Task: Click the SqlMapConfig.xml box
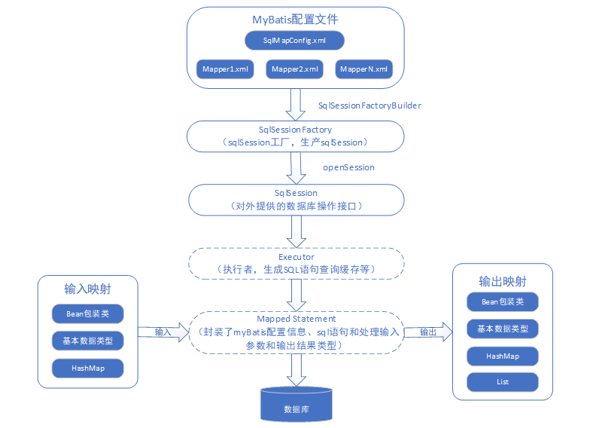point(295,39)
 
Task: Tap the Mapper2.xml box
point(295,69)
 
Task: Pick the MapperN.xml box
point(364,69)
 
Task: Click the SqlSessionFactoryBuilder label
point(369,105)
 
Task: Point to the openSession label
point(348,167)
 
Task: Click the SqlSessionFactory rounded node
point(296,136)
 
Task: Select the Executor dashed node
point(296,263)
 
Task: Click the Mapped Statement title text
point(296,319)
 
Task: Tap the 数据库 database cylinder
point(296,405)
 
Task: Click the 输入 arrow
point(163,332)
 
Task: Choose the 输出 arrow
point(427,332)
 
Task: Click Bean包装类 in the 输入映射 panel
point(87,313)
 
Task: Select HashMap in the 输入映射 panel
point(87,367)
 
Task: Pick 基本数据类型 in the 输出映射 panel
point(502,329)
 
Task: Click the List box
point(502,381)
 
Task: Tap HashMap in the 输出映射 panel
point(502,355)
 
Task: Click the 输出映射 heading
point(502,281)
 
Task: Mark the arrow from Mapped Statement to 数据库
point(296,368)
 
